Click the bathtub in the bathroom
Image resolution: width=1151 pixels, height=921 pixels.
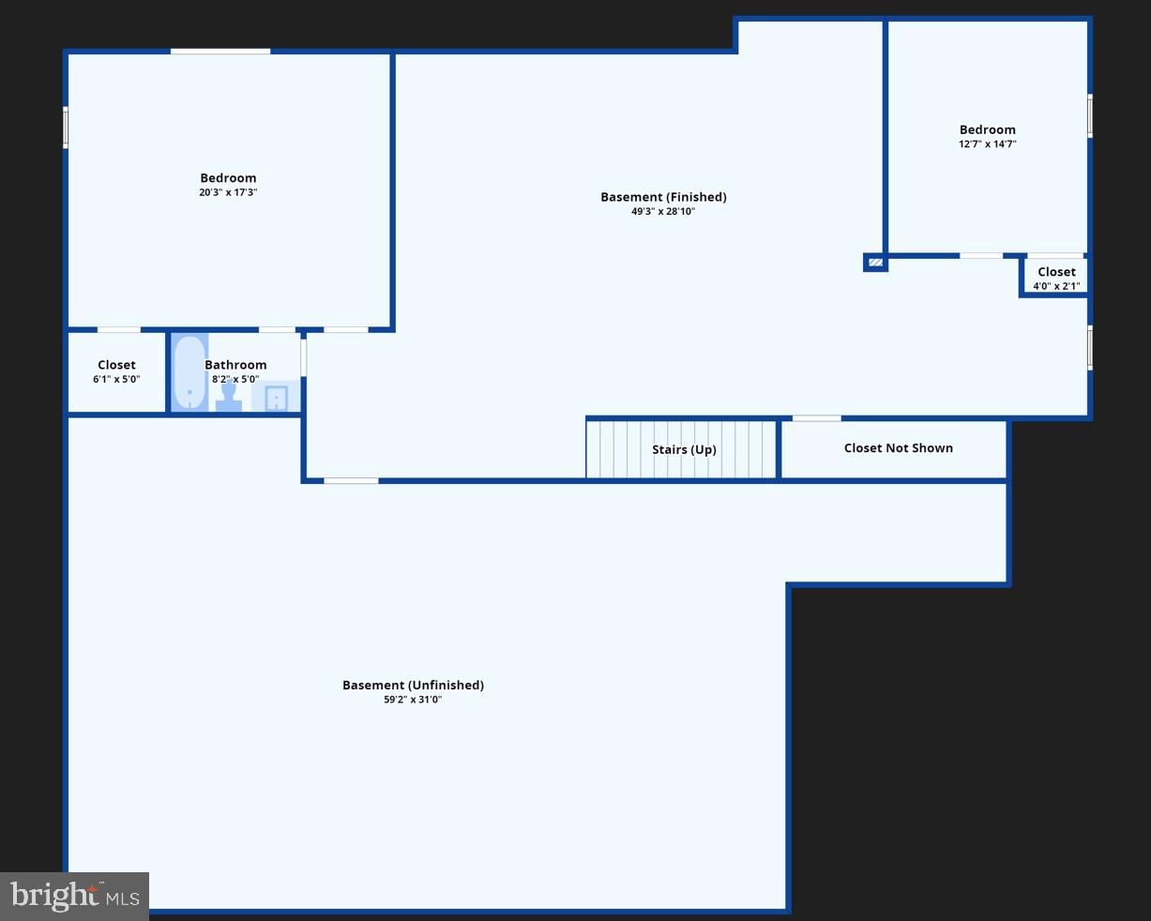tap(189, 372)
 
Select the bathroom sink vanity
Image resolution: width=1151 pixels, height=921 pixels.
tap(276, 397)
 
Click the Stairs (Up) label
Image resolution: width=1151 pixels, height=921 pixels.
tap(684, 449)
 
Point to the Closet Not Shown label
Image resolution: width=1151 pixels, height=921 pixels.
tap(898, 448)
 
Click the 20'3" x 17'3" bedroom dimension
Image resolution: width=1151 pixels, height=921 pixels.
tap(228, 192)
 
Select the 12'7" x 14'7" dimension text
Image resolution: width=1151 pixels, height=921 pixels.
tap(987, 144)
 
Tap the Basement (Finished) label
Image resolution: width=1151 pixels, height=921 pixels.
tap(663, 197)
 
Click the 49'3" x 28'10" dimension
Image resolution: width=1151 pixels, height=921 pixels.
tap(663, 212)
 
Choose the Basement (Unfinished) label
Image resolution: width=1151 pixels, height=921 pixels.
tap(413, 686)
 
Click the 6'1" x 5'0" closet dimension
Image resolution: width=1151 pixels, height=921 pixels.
tap(116, 380)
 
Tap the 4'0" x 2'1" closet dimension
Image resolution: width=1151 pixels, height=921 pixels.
tap(1056, 287)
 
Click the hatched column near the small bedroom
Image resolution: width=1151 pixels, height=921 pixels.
tap(875, 263)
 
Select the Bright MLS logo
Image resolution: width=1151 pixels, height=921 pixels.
tap(75, 896)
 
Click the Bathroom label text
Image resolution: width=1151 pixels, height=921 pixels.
tap(235, 365)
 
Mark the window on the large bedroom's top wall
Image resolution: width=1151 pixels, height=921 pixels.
tap(220, 52)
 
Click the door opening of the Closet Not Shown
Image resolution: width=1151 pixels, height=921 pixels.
tap(816, 418)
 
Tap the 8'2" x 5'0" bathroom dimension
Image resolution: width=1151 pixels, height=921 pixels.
tap(235, 380)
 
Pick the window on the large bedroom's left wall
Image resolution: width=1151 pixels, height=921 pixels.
tap(66, 128)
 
